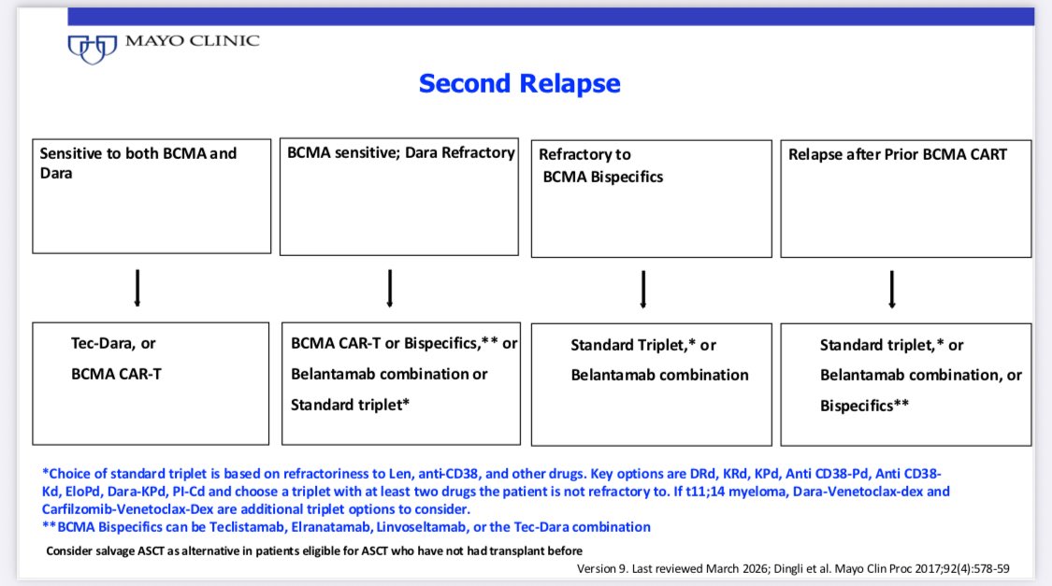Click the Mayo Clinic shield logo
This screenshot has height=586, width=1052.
pyautogui.click(x=93, y=49)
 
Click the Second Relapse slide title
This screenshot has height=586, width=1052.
pyautogui.click(x=519, y=83)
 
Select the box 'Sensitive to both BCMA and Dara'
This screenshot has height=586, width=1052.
pyautogui.click(x=151, y=195)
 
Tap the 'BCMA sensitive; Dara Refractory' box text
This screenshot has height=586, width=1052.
pyautogui.click(x=400, y=153)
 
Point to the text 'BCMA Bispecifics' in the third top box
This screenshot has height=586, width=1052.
pyautogui.click(x=602, y=177)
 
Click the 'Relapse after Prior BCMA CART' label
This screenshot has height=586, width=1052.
pyautogui.click(x=897, y=155)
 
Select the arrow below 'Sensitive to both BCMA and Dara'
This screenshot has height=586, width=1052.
pyautogui.click(x=137, y=288)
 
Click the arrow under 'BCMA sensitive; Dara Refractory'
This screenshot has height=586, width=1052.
pyautogui.click(x=390, y=288)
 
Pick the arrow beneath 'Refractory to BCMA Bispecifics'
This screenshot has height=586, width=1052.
pyautogui.click(x=643, y=289)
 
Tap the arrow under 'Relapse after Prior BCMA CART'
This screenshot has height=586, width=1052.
pyautogui.click(x=892, y=289)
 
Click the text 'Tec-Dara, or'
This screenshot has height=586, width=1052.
pyautogui.click(x=113, y=343)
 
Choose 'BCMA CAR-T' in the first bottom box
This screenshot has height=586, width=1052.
pyautogui.click(x=116, y=374)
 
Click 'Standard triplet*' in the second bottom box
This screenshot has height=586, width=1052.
pyautogui.click(x=350, y=405)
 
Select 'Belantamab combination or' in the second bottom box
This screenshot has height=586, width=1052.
pyautogui.click(x=389, y=374)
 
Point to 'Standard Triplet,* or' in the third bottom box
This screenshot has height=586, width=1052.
pyautogui.click(x=643, y=345)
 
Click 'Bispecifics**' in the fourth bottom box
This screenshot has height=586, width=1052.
pyautogui.click(x=864, y=406)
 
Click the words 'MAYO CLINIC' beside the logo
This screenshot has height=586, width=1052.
pyautogui.click(x=193, y=41)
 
